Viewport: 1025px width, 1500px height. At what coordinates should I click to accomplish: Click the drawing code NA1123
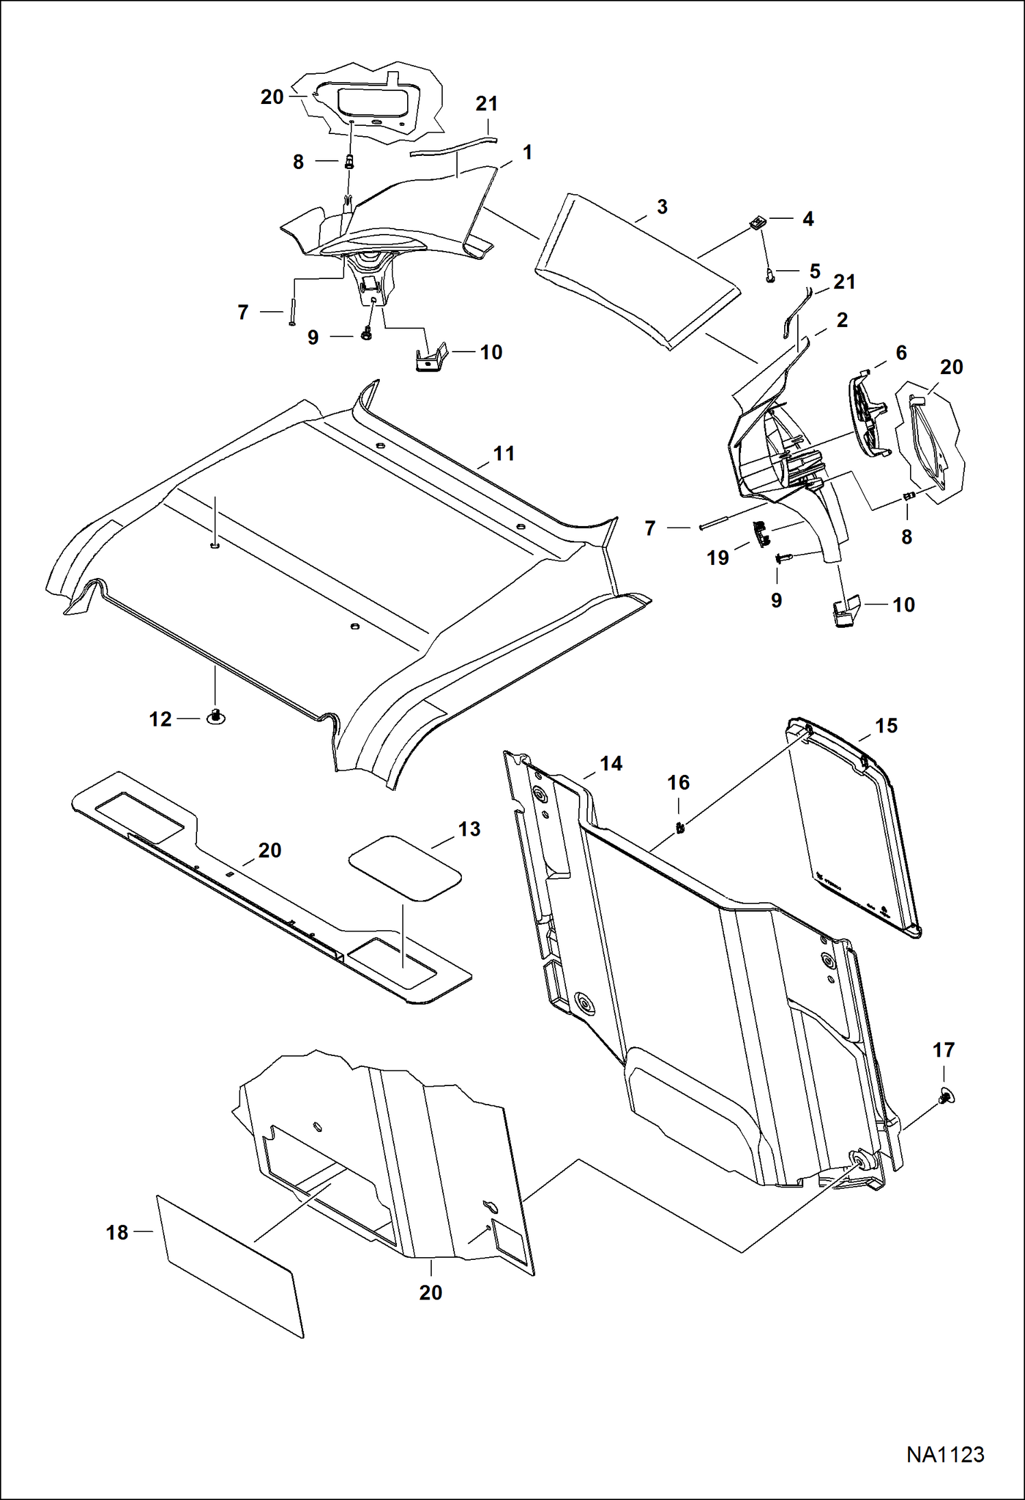tap(945, 1454)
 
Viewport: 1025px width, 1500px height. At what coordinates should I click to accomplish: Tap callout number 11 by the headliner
tap(504, 453)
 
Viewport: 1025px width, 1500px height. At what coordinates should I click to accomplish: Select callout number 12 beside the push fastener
tap(161, 719)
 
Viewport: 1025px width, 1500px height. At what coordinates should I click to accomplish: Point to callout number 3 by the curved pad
tap(662, 207)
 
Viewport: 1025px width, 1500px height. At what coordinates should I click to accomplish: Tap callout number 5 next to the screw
tap(814, 271)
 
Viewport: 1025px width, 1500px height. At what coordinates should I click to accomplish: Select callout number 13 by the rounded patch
tap(469, 829)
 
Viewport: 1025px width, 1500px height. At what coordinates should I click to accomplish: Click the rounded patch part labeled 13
tap(404, 867)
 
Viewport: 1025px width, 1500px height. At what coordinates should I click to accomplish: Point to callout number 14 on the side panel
tap(610, 763)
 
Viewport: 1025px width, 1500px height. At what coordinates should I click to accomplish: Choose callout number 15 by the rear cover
tap(886, 726)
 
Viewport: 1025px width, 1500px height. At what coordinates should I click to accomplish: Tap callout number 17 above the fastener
tap(944, 1050)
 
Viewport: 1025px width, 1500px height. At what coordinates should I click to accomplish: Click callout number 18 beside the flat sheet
tap(117, 1233)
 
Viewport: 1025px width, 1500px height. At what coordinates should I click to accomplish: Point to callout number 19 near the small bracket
tap(718, 558)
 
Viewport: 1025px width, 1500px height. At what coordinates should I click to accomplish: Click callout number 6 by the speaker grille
tap(900, 353)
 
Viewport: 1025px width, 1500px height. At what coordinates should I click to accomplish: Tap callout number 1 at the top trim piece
tap(527, 153)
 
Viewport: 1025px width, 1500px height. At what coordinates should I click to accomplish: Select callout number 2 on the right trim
tap(842, 319)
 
